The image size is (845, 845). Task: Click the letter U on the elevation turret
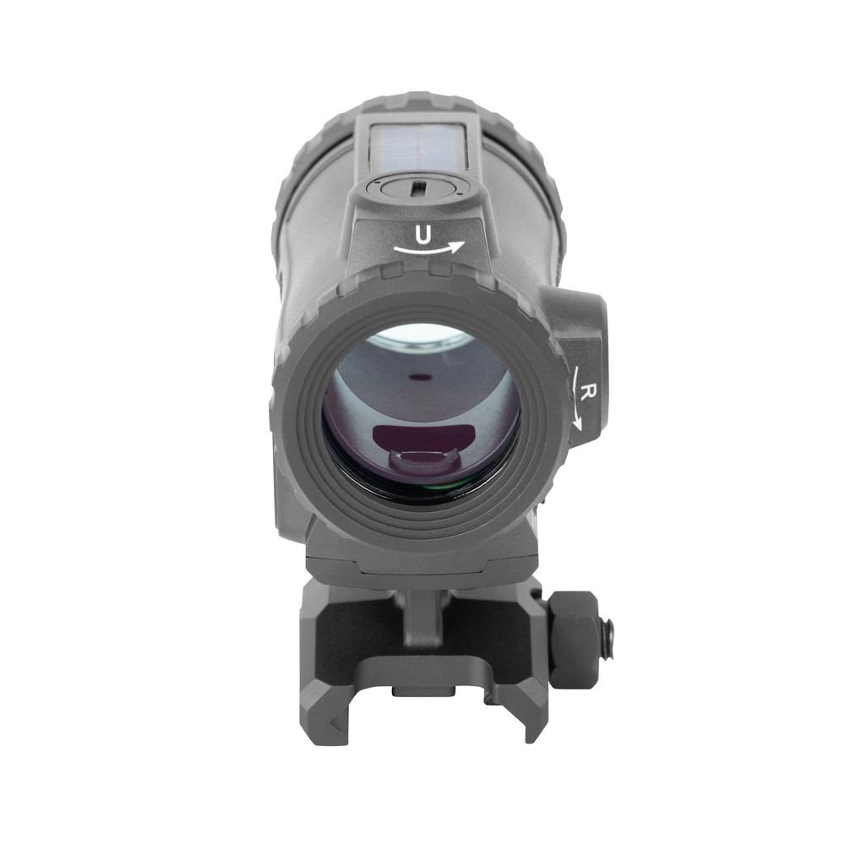pos(424,235)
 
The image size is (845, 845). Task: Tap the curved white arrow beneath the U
pos(428,249)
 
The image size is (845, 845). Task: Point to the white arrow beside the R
pos(578,399)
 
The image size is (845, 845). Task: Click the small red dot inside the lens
pos(417,378)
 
